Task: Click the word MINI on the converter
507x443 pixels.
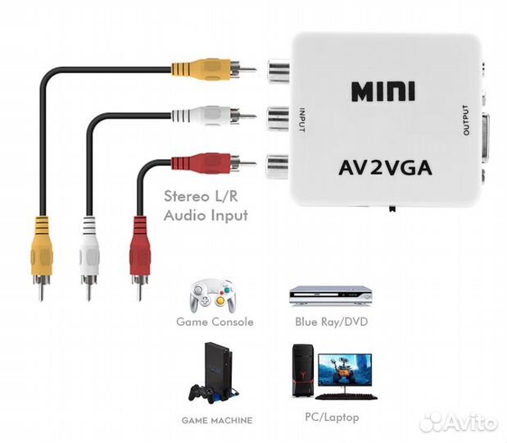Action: (x=383, y=90)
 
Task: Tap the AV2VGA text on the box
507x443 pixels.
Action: (x=385, y=170)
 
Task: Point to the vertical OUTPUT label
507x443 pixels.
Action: (x=466, y=120)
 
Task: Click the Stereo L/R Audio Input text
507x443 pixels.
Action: (x=206, y=206)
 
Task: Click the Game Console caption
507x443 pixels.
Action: (x=215, y=322)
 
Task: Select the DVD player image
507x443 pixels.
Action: (x=330, y=295)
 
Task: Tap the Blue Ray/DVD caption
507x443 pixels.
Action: (x=331, y=322)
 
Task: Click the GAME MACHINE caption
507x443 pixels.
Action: (x=217, y=420)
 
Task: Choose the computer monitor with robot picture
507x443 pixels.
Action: (x=344, y=374)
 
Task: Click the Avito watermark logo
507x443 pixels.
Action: (x=458, y=422)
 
